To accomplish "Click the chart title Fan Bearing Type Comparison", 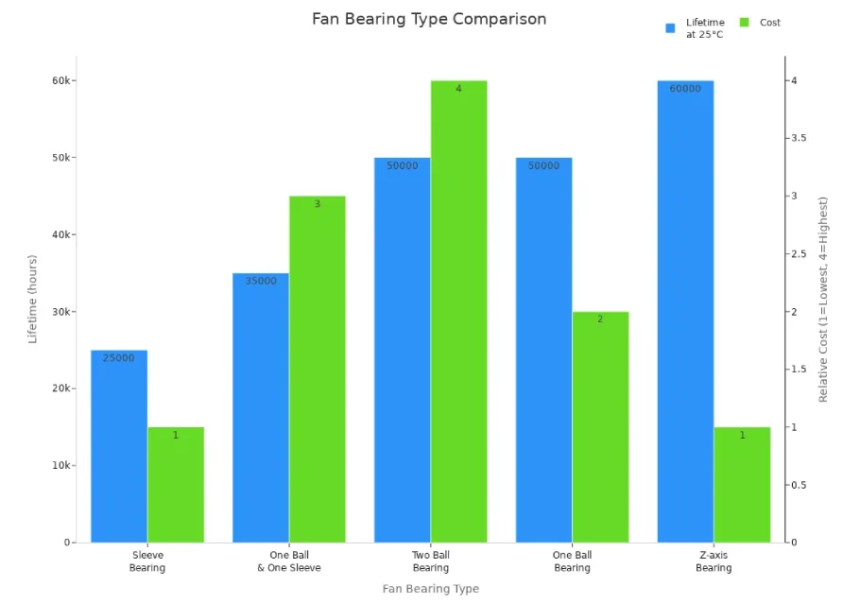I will [429, 19].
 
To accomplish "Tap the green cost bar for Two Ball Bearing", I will [459, 312].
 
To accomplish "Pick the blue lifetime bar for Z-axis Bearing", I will [685, 312].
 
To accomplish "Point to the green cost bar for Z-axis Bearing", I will [742, 485].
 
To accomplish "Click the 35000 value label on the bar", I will [261, 281].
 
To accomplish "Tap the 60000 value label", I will [685, 89].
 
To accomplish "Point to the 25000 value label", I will [119, 358].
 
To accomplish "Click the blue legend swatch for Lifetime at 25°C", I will [670, 28].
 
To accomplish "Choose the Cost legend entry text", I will [770, 23].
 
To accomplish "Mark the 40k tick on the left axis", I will [61, 234].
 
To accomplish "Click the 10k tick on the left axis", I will [61, 466].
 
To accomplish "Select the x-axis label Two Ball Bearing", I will [431, 561].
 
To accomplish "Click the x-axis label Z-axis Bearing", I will [714, 561].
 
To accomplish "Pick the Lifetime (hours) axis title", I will [33, 299].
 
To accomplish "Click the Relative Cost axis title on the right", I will [823, 300].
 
